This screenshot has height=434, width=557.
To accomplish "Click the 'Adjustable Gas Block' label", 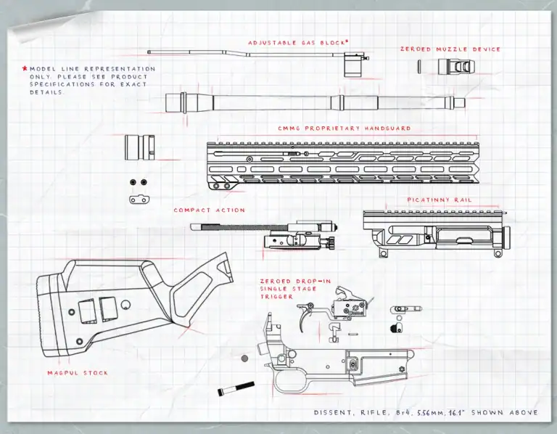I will click(298, 43).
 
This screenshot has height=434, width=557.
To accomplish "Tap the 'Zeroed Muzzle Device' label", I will click(450, 49).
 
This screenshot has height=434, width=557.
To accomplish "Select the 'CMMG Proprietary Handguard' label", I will click(344, 128).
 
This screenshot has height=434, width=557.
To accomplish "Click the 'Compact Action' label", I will click(209, 210).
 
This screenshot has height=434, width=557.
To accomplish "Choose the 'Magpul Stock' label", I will click(78, 372).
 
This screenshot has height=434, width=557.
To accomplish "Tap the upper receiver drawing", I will click(436, 232).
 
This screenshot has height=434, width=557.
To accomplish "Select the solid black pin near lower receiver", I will click(236, 390).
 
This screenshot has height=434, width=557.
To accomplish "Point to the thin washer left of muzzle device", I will click(420, 66).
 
